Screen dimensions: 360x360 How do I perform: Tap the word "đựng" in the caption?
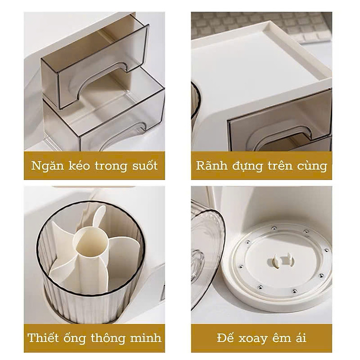coord(252,167)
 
